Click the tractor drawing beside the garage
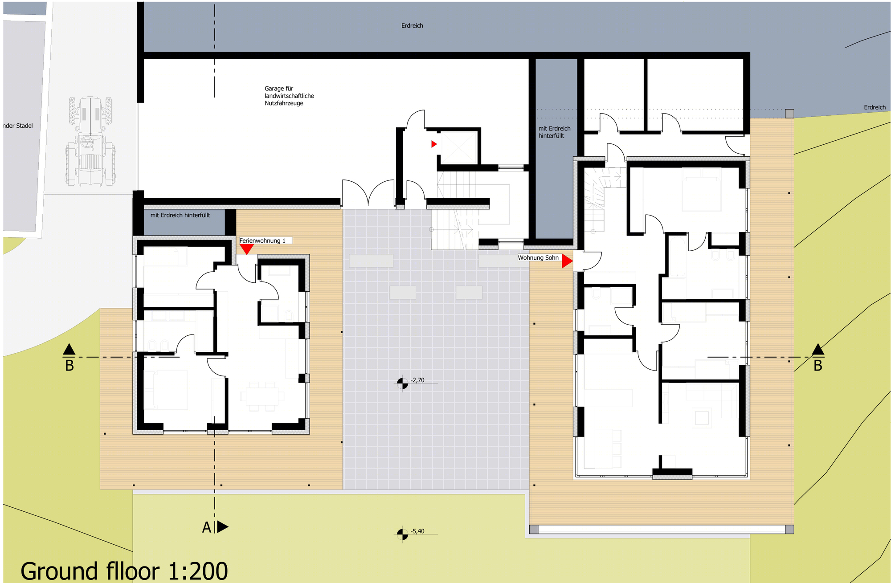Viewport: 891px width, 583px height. click(90, 141)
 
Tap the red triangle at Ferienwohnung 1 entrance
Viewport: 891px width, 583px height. click(246, 249)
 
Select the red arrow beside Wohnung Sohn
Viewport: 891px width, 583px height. click(567, 261)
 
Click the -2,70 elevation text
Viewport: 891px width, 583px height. click(418, 380)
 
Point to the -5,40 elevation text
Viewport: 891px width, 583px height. click(418, 531)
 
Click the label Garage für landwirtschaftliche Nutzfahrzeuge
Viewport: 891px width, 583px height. click(289, 96)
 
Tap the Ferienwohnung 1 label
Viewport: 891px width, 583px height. click(262, 241)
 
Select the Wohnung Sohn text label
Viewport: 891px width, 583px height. click(538, 257)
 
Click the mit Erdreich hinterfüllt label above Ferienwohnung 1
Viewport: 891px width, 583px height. click(180, 215)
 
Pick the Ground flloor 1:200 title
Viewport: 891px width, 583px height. click(124, 571)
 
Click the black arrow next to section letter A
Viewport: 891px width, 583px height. click(223, 527)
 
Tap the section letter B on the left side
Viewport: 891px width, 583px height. click(69, 366)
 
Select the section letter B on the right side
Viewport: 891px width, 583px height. click(818, 366)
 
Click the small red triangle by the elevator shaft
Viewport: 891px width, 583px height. click(434, 144)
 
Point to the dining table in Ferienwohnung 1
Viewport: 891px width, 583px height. click(262, 396)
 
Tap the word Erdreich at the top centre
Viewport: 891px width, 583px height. click(412, 25)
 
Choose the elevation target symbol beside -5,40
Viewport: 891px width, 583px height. click(402, 534)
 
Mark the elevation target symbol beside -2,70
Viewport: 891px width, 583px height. click(402, 383)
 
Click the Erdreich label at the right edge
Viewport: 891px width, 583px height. click(875, 107)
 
